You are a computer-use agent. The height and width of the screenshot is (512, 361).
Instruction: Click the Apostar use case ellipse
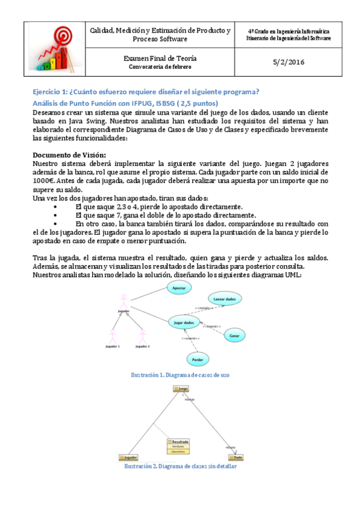[179, 289]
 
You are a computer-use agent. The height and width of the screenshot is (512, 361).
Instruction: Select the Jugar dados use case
[183, 323]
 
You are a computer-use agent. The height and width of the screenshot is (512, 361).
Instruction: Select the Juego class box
[182, 389]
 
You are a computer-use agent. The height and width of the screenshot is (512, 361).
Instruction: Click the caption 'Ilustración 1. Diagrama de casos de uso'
[180, 375]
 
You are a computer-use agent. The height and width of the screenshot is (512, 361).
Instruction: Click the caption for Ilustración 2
[180, 467]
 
